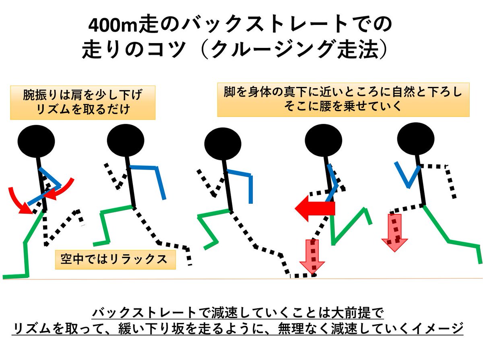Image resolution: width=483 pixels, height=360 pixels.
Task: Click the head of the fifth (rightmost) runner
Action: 415,137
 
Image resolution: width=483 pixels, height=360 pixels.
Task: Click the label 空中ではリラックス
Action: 116,259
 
